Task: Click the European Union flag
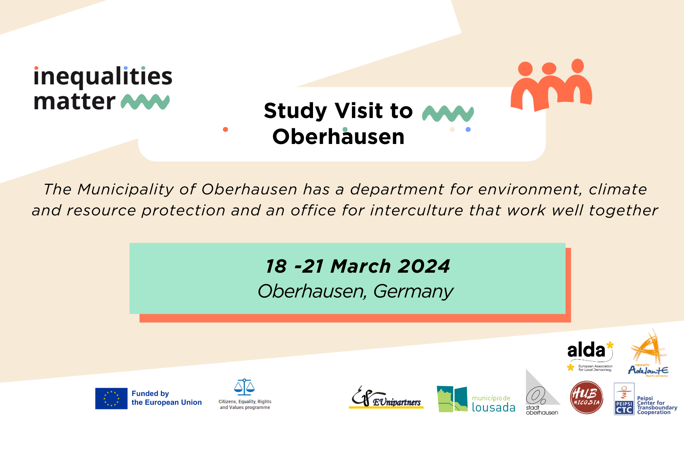click(x=111, y=398)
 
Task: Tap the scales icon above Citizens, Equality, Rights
click(x=244, y=387)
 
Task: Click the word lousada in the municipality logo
click(x=493, y=407)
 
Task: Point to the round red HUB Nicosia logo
click(x=586, y=398)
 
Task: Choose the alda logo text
click(x=586, y=350)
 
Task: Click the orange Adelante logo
click(x=648, y=353)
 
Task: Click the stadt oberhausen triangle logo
click(x=541, y=393)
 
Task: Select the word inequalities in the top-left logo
click(x=103, y=76)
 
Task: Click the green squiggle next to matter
click(x=145, y=102)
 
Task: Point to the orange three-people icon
click(x=551, y=85)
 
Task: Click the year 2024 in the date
click(x=423, y=266)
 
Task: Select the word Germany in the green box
click(x=413, y=291)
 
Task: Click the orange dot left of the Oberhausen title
click(x=226, y=129)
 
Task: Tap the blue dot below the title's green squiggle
click(x=468, y=129)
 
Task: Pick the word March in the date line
click(x=361, y=266)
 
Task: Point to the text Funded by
click(x=150, y=393)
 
